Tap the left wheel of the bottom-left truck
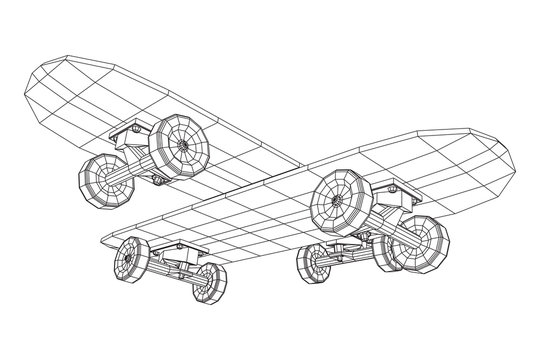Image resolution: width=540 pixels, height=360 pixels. coord(131,262)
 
